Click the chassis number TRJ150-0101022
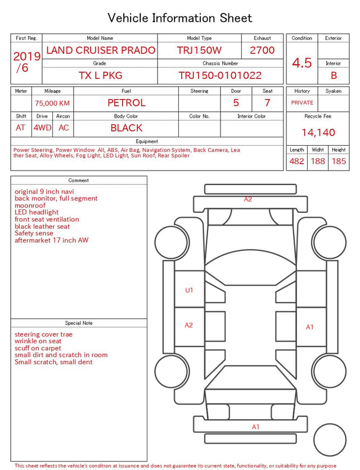coord(220,75)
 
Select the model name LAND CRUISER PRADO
coord(101,50)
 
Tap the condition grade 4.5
coord(302,63)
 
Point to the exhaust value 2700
coord(262,50)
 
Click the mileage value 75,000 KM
coord(52,104)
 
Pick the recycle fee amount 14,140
coord(318,132)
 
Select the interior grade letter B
coord(334,75)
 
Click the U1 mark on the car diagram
coord(189,290)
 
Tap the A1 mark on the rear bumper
coord(255,427)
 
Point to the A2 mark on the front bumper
coord(248,199)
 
